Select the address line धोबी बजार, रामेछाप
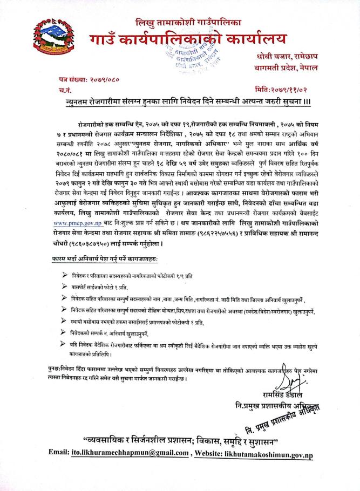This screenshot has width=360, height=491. [x=295, y=58]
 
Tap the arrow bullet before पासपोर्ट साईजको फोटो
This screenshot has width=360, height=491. [x=65, y=287]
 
